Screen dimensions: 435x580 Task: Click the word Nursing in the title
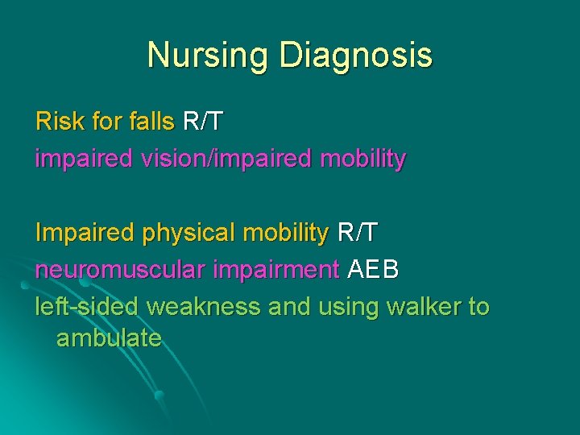[x=209, y=56]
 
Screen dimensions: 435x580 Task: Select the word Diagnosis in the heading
[x=355, y=56]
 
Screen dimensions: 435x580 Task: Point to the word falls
[x=151, y=122]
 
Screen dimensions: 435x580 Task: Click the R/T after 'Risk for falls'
[x=203, y=122]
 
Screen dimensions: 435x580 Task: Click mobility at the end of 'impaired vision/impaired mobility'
[x=363, y=159]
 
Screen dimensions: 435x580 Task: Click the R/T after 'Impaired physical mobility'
[x=357, y=233]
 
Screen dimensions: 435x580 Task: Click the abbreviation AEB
[x=373, y=270]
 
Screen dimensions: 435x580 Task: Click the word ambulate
[x=109, y=338]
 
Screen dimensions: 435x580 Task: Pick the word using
[x=350, y=307]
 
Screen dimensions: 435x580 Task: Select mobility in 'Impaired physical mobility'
[x=286, y=233]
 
